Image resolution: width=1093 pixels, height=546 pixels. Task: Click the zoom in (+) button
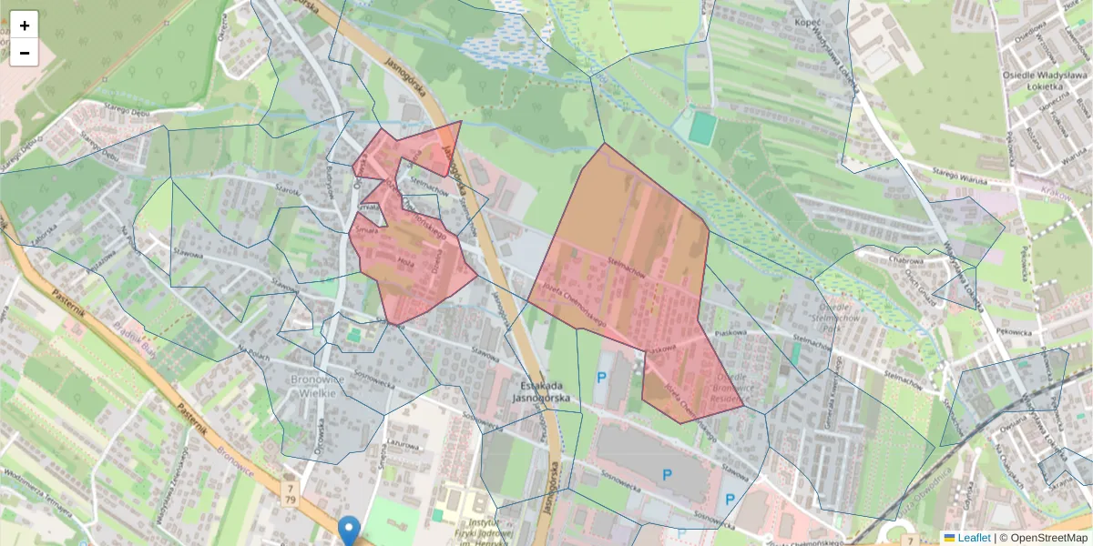(x=25, y=25)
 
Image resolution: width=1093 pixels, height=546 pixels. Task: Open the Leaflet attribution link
(x=973, y=538)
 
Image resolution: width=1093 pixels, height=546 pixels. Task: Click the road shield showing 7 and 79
(x=291, y=493)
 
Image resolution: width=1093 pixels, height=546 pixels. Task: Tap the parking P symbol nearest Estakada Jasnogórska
(x=600, y=377)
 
